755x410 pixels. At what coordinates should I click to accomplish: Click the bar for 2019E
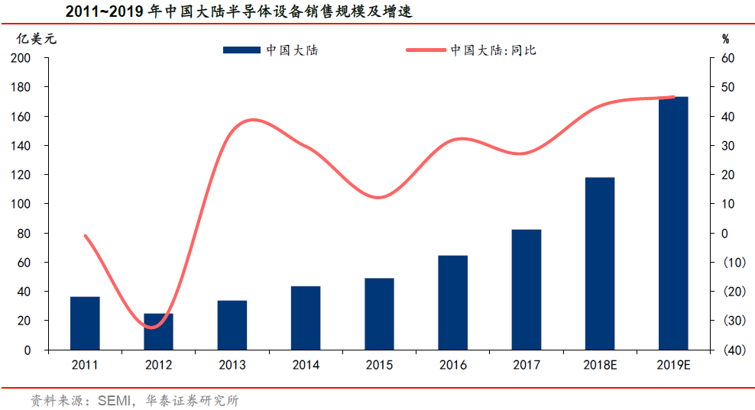tap(673, 223)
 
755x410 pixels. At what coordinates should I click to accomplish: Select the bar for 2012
tap(158, 331)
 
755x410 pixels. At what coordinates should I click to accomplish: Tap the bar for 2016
tap(452, 302)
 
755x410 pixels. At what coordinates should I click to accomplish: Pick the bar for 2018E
tap(600, 263)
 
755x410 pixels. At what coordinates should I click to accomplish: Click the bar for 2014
tap(306, 318)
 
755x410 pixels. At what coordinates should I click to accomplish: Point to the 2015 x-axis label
tap(379, 365)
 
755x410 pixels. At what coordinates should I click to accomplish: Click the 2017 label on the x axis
tap(526, 365)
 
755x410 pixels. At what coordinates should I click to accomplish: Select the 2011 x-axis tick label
tap(85, 365)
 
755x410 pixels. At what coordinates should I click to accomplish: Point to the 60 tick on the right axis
tap(727, 59)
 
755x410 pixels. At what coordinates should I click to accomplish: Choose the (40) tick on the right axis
tap(727, 350)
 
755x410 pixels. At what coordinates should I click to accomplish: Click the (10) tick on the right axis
tap(727, 263)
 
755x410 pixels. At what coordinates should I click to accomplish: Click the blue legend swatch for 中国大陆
tap(241, 50)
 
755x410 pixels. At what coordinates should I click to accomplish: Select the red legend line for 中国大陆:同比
tap(425, 50)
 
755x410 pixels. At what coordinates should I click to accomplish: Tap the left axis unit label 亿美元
tap(37, 37)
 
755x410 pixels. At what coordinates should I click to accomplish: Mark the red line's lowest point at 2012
tap(154, 328)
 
